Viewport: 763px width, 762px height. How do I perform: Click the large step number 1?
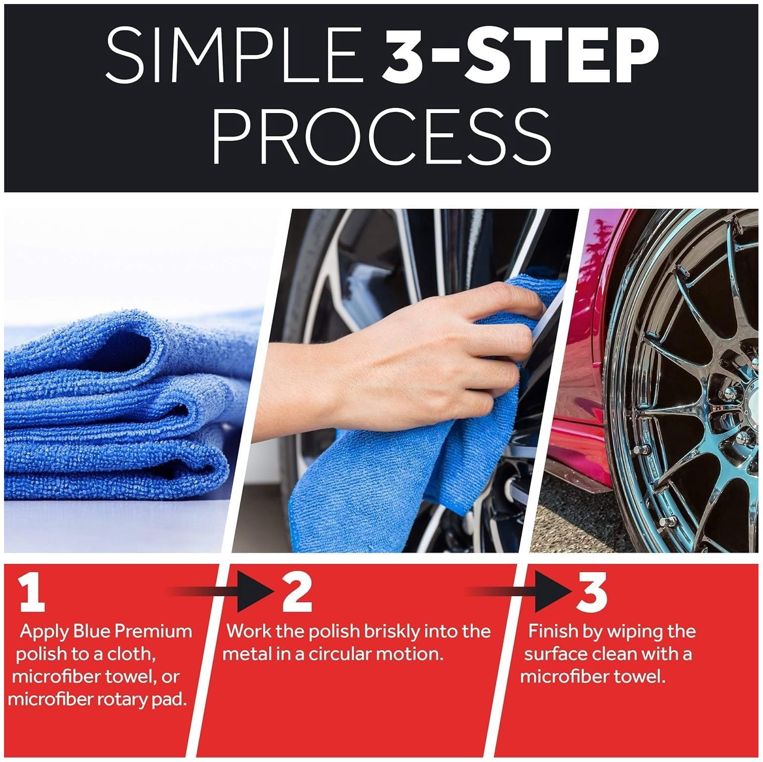click(33, 594)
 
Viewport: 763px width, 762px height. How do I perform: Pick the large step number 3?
click(592, 591)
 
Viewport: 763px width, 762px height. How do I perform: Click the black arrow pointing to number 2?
click(221, 594)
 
